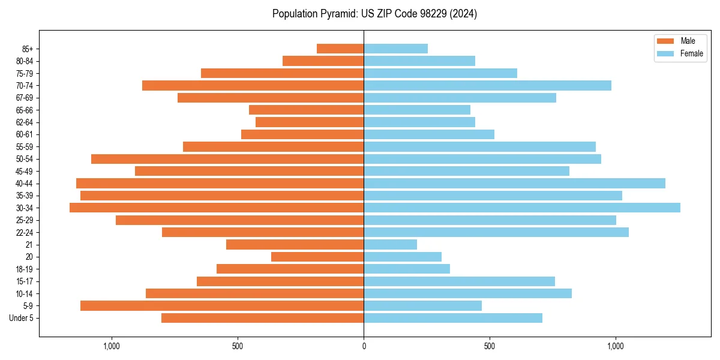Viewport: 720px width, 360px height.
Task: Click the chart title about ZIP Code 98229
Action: coord(374,14)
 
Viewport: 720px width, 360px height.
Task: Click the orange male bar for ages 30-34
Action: coord(217,208)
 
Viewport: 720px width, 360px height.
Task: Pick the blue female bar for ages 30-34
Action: coord(522,208)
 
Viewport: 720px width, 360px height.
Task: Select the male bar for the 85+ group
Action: coord(340,49)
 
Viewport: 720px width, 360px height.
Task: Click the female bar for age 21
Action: coord(390,245)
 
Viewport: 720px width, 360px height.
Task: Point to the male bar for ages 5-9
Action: coord(222,305)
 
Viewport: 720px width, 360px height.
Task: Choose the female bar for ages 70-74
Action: coord(487,85)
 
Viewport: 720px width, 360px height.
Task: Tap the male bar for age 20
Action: coord(317,257)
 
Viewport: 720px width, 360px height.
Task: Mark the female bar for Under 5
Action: coord(453,318)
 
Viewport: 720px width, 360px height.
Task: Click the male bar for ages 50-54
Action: coord(227,159)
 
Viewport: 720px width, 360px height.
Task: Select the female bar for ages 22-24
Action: coord(496,232)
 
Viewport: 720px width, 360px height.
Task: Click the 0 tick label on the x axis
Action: coord(364,346)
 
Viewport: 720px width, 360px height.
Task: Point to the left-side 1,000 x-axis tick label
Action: coord(112,346)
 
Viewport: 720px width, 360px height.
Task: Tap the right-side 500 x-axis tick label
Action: coord(490,346)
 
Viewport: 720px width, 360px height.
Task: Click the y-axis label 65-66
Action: coord(25,110)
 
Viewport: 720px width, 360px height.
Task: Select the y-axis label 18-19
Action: coord(25,269)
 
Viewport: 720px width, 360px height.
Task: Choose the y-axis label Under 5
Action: coord(22,318)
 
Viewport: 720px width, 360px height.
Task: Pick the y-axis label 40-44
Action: coord(25,184)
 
